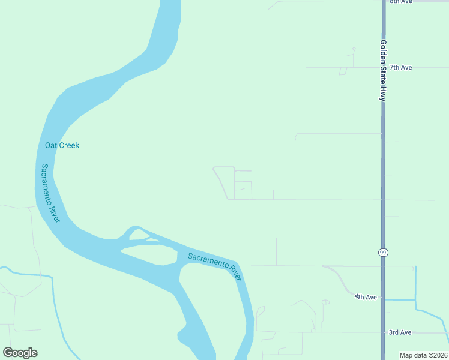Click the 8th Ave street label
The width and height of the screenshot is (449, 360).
click(x=400, y=2)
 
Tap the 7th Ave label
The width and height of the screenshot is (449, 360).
click(x=400, y=67)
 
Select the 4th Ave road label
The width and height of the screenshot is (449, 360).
click(x=365, y=297)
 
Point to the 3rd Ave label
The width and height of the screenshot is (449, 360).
click(x=400, y=332)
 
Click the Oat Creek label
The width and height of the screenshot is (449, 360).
click(x=62, y=145)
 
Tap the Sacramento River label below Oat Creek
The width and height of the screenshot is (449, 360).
click(x=50, y=193)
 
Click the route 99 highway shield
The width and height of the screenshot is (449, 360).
click(x=383, y=253)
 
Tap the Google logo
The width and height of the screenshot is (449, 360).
click(x=20, y=353)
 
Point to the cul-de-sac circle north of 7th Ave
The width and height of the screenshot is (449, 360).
click(x=354, y=49)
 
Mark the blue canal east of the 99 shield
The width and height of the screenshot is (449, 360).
click(x=415, y=282)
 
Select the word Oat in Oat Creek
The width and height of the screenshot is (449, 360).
click(x=50, y=145)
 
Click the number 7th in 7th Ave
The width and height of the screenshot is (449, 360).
click(x=395, y=67)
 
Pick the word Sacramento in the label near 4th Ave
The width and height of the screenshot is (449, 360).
click(x=208, y=262)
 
